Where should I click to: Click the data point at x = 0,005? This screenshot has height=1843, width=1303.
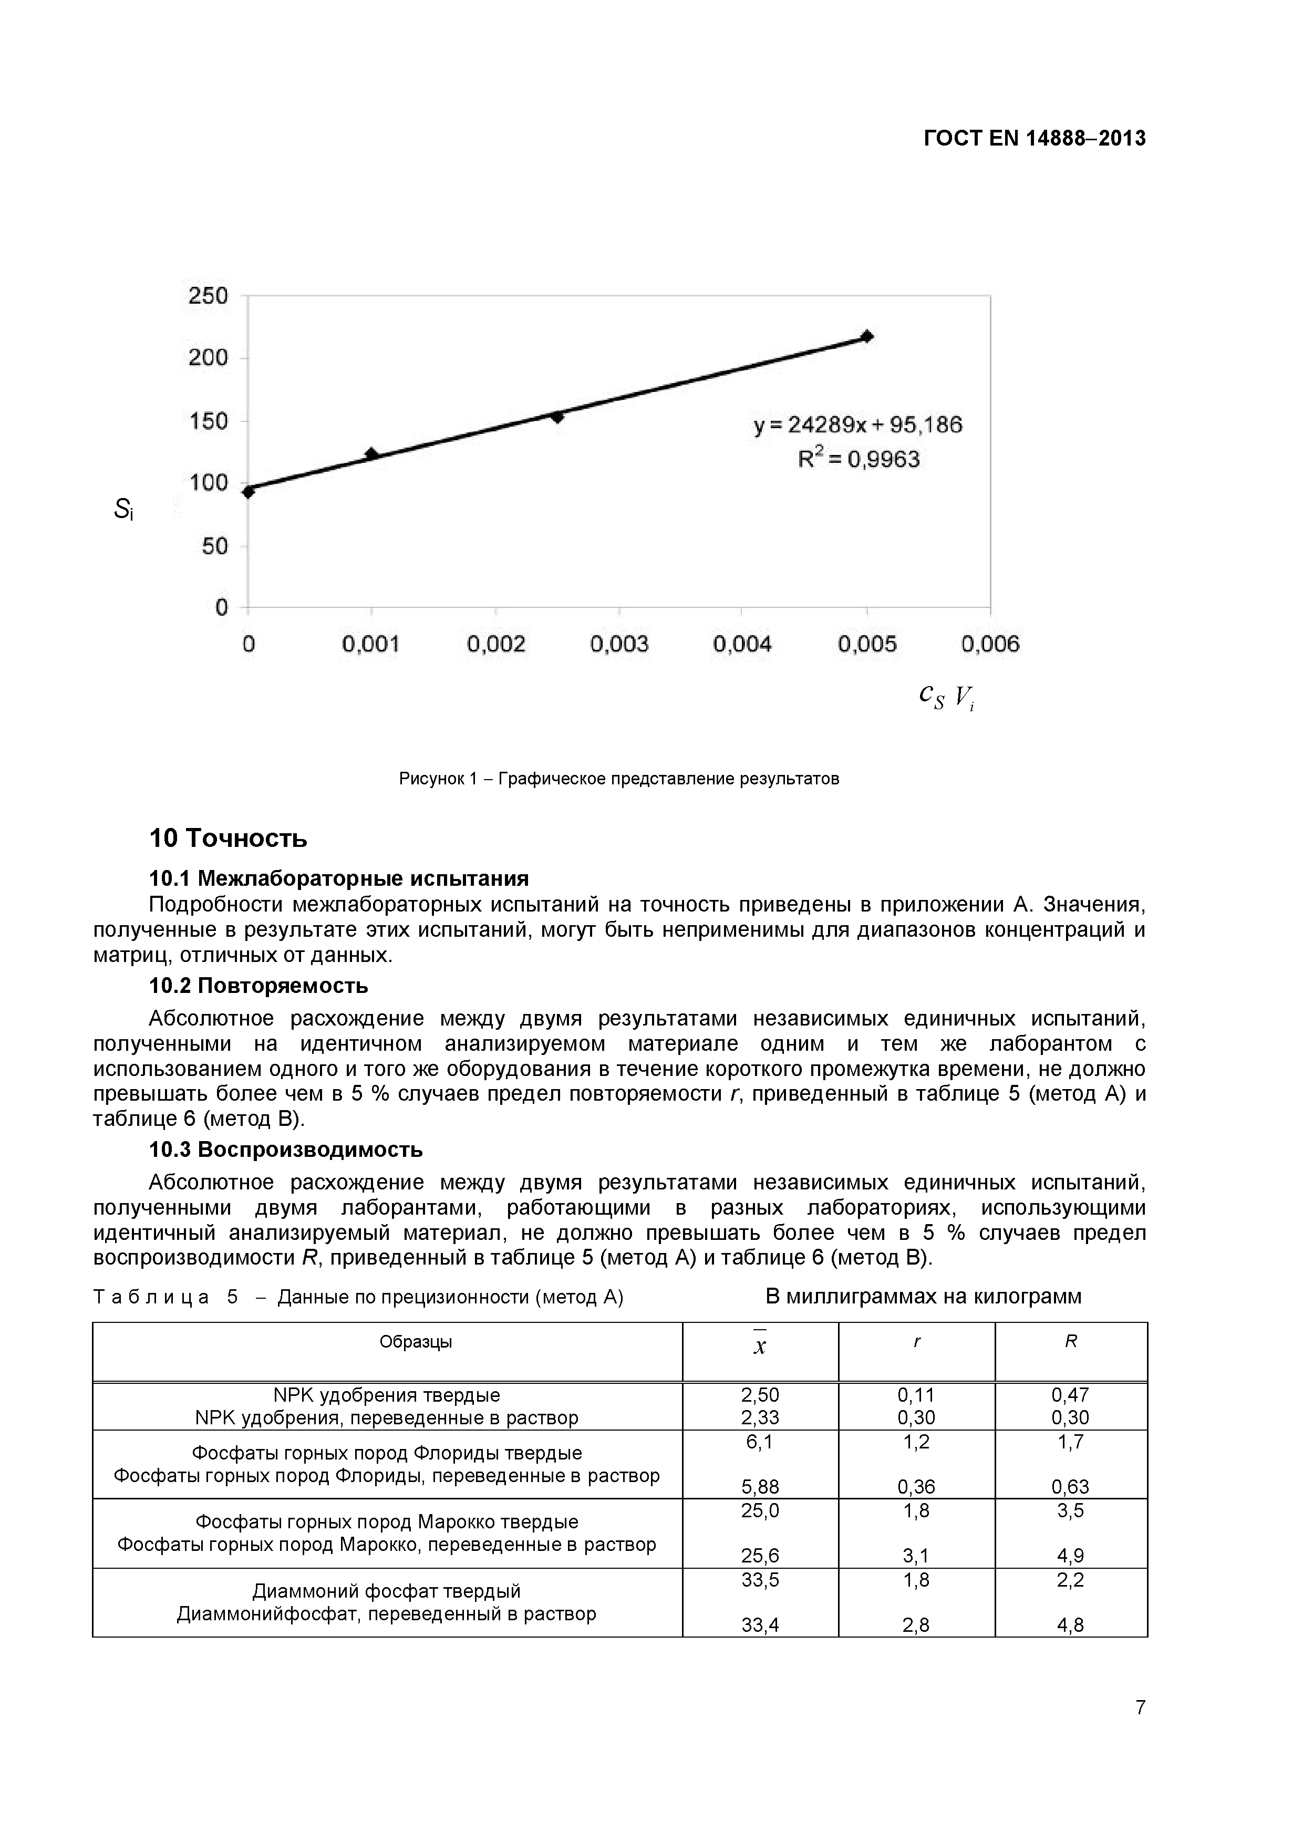click(866, 336)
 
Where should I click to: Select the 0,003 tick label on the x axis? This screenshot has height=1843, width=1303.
click(618, 644)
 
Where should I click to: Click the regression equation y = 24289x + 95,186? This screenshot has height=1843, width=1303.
click(857, 424)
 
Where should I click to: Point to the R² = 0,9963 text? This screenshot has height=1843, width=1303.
click(858, 459)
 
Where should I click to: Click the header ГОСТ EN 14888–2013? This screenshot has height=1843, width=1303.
click(1034, 139)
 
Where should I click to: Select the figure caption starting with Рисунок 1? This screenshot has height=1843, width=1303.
click(618, 779)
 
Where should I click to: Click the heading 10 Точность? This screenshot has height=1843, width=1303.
click(228, 838)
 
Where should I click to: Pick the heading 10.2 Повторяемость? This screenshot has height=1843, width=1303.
click(258, 985)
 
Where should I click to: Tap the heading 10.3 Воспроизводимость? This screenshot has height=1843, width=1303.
click(286, 1150)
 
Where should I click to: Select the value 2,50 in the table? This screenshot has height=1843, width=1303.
click(760, 1394)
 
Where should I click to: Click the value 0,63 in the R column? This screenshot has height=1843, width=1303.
click(1070, 1487)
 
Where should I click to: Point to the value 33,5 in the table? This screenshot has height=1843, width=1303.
click(760, 1580)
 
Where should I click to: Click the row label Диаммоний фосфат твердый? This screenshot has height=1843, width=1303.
click(386, 1591)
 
